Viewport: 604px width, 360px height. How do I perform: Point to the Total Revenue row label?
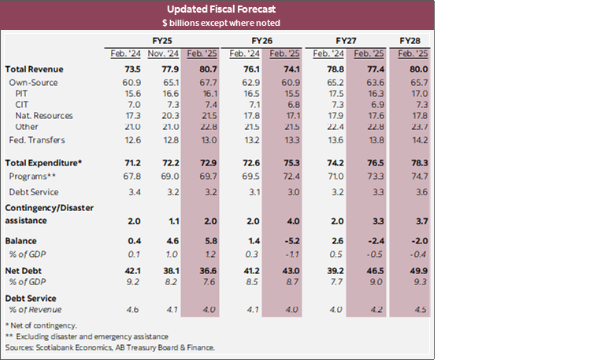(34, 69)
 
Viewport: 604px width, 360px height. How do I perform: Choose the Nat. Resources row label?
(45, 116)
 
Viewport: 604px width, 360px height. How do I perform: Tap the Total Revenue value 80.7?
(202, 69)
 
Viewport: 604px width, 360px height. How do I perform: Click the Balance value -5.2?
(287, 239)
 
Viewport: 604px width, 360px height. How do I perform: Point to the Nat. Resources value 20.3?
(161, 116)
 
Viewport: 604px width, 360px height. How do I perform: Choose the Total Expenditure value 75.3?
(287, 162)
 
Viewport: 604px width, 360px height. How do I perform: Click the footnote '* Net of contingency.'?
(41, 325)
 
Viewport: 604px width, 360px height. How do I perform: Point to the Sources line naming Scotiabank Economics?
(109, 347)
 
